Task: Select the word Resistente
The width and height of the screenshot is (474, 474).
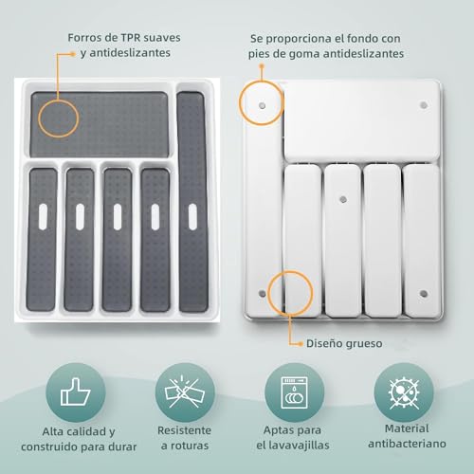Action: (183, 429)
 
